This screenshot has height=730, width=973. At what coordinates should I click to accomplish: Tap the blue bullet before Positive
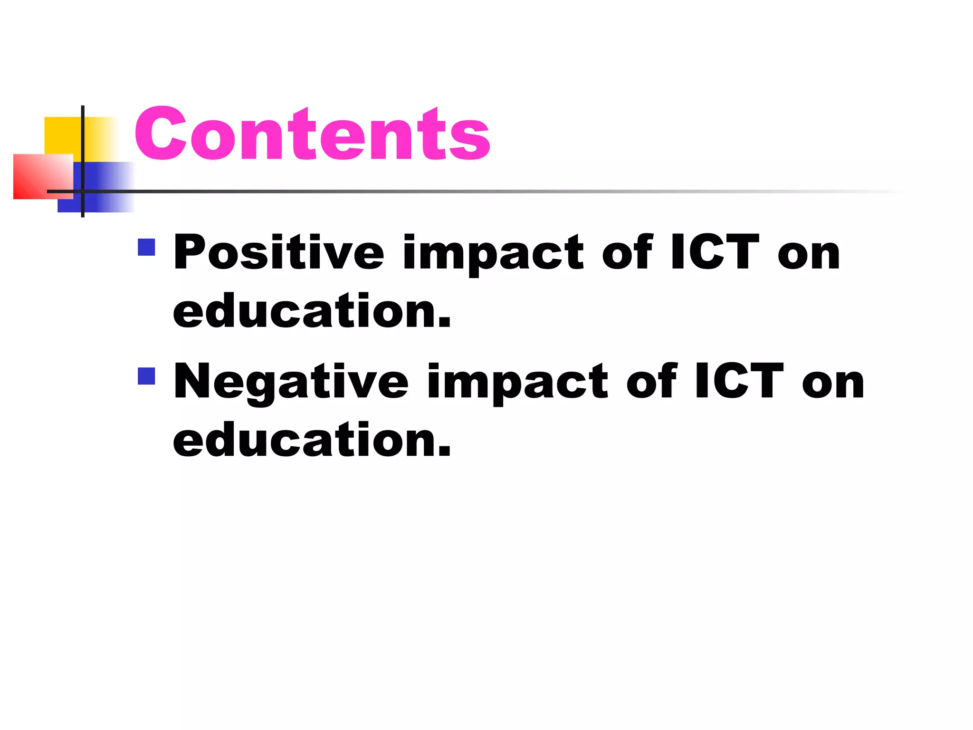(146, 247)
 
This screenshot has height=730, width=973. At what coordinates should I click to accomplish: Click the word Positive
(278, 252)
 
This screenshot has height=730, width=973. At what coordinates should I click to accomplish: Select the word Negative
(291, 382)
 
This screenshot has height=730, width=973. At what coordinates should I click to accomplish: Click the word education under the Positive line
(304, 311)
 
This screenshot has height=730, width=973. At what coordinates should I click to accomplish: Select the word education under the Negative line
(304, 440)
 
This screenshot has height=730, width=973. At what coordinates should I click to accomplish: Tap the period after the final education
(444, 451)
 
